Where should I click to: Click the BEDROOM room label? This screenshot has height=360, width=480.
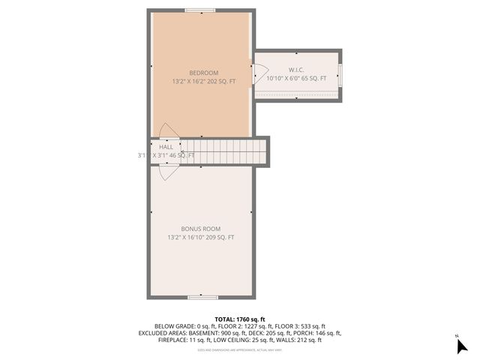204,73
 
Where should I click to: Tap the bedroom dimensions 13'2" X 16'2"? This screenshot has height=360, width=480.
204,81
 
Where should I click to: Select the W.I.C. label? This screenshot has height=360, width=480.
296,70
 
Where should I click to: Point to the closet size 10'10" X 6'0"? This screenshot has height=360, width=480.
296,78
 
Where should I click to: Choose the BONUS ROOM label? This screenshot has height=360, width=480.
200,229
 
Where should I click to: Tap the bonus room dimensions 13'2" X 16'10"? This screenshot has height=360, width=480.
200,238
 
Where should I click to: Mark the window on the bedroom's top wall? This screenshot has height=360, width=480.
199,10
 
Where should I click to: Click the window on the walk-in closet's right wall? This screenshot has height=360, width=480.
340,75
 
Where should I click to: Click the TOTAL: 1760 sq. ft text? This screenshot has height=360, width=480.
239,319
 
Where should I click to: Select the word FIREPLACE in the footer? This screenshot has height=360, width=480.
175,340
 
